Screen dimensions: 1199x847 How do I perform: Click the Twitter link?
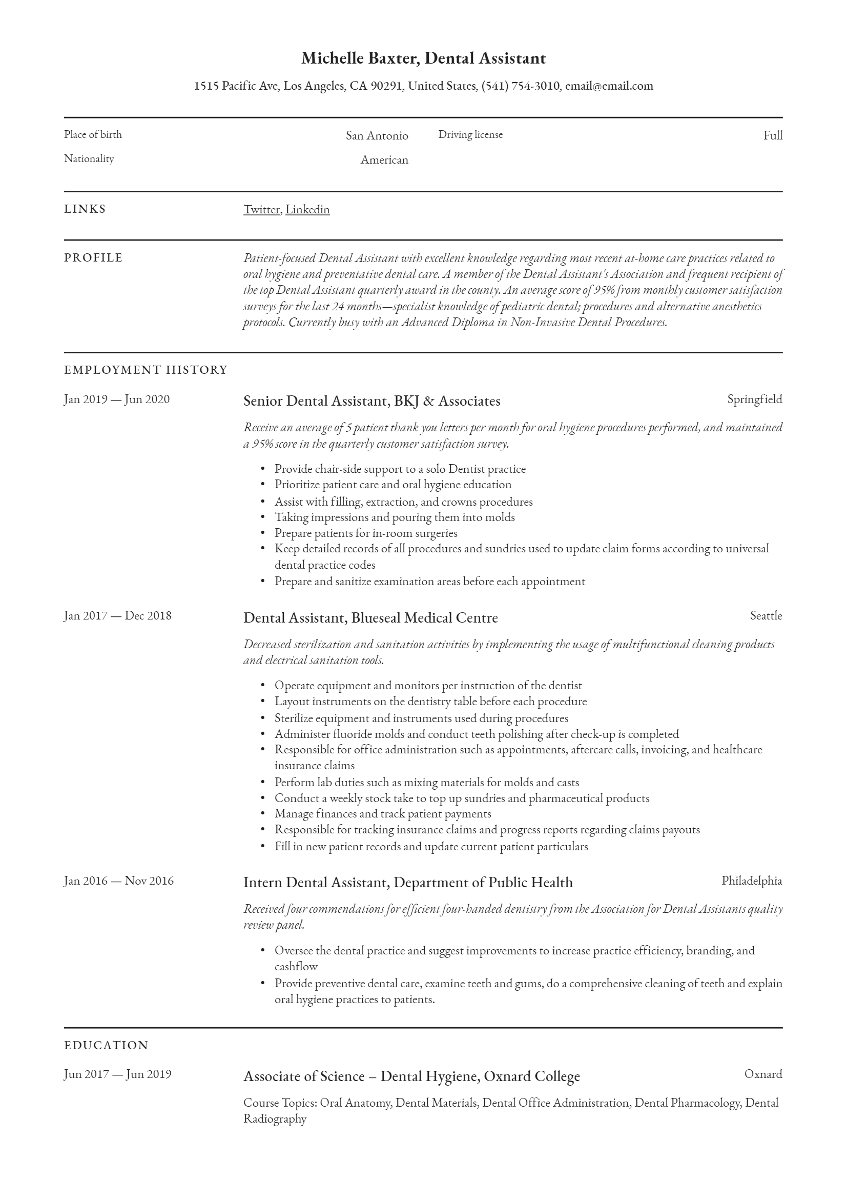point(261,209)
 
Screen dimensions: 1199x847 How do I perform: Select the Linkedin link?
point(307,209)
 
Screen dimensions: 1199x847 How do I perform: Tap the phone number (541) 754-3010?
point(520,86)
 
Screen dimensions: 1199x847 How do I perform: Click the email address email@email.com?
point(609,86)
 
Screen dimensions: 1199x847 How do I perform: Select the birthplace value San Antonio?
point(377,136)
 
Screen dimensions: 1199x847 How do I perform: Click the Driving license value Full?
point(772,136)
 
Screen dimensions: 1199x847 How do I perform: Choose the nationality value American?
point(384,160)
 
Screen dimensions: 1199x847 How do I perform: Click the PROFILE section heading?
point(93,258)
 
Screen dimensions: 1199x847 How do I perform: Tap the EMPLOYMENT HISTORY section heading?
point(146,370)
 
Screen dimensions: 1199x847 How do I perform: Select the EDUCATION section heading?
point(106,1046)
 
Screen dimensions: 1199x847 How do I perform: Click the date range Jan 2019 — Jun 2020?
point(117,399)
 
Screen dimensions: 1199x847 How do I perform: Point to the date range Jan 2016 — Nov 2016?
point(118,881)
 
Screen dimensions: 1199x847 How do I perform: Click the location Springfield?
point(755,399)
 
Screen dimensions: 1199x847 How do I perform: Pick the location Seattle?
point(766,616)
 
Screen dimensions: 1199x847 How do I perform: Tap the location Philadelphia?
point(752,881)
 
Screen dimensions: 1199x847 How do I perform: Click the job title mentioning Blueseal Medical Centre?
point(370,618)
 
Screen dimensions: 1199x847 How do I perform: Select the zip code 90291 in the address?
point(386,86)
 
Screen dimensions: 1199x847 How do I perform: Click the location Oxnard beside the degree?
point(763,1074)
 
